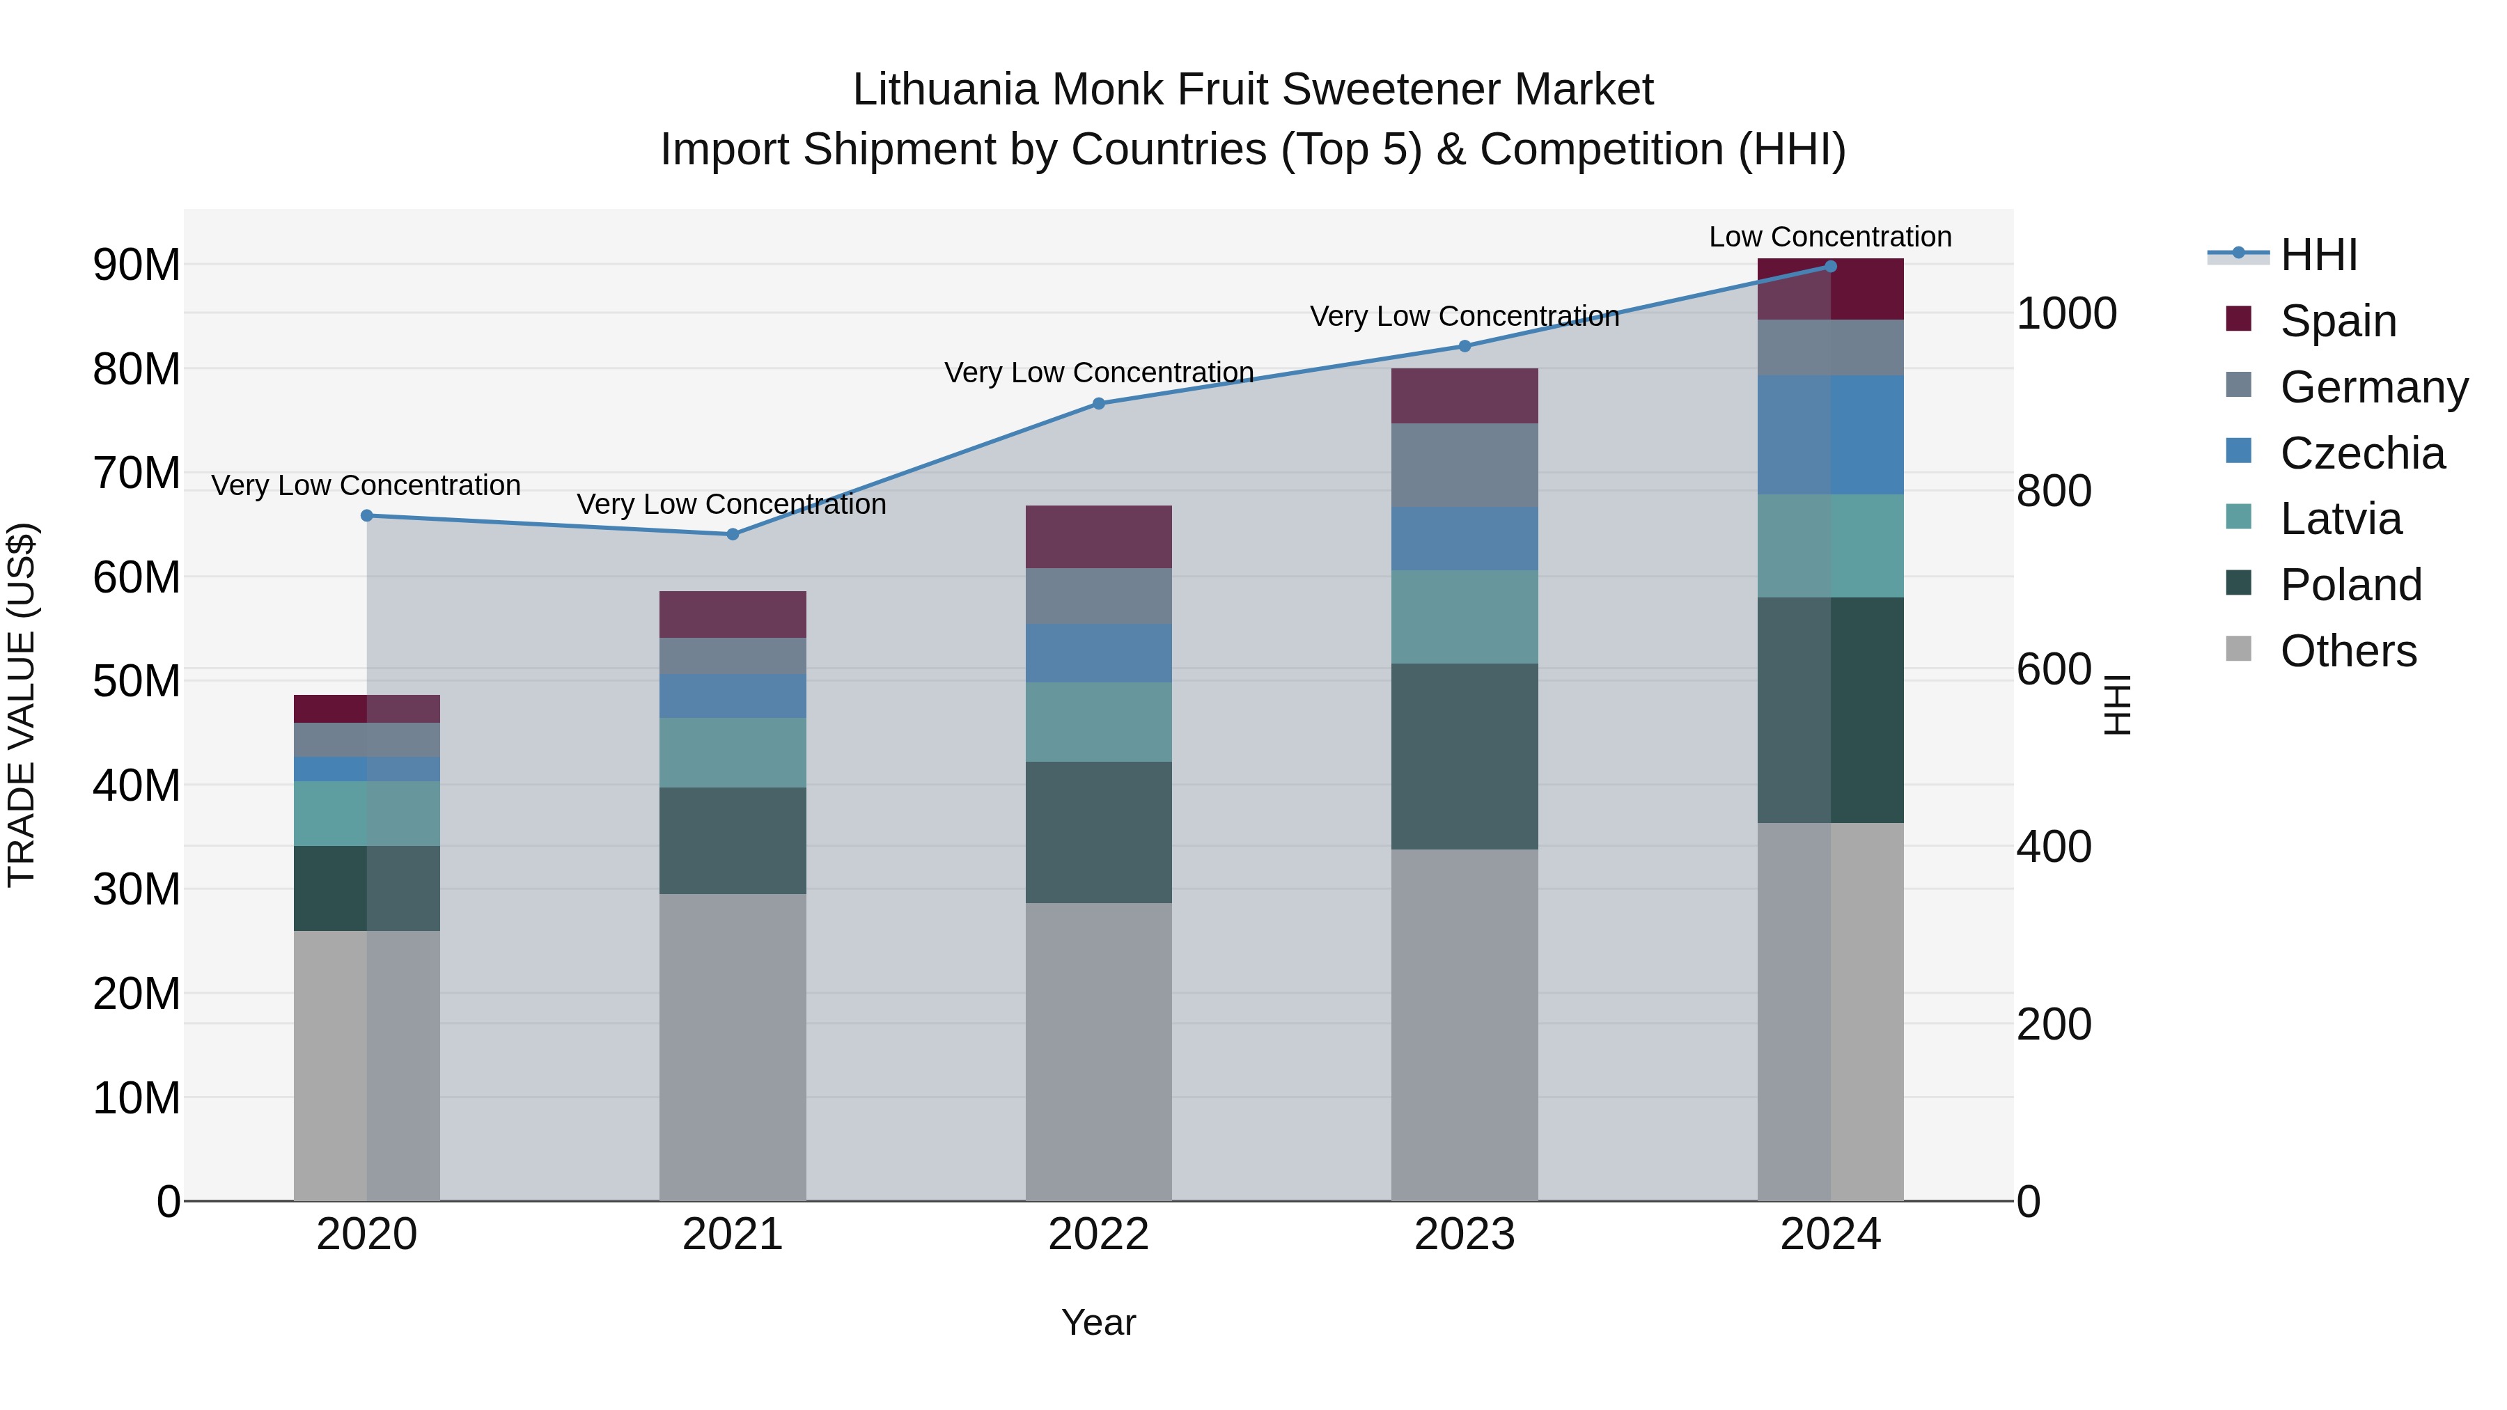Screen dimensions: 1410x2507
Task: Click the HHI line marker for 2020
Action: pos(367,516)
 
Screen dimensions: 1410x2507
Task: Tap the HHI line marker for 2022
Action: pos(1099,404)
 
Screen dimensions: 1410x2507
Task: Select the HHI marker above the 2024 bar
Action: pos(1831,267)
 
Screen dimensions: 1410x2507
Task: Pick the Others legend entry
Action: pos(2348,651)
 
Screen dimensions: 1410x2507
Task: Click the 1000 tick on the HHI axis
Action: pos(2066,314)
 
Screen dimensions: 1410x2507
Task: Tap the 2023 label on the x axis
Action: pos(1465,1235)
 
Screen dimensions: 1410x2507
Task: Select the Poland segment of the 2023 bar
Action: pos(1465,757)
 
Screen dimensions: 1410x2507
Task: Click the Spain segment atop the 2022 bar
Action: pos(1099,537)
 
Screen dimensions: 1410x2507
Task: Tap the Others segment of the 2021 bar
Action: pos(733,1047)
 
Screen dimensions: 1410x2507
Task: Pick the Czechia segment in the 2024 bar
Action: pos(1831,435)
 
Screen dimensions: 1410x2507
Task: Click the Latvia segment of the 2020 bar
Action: pos(367,813)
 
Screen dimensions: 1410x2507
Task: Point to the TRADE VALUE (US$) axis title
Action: pos(22,705)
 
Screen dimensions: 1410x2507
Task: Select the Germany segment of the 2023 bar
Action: pos(1465,465)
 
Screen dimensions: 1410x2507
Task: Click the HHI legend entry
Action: pos(2318,255)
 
